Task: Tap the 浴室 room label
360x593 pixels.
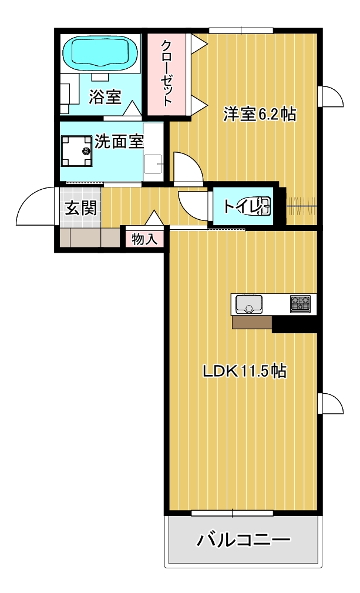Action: click(105, 96)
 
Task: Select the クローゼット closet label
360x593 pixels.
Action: click(167, 73)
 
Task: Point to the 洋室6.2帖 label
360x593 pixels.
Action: click(259, 113)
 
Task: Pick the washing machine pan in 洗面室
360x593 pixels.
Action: click(78, 151)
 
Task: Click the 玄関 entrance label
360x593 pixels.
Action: click(80, 207)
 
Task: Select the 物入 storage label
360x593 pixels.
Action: click(144, 239)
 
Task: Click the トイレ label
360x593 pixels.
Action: click(238, 206)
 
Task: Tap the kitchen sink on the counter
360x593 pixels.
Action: click(250, 304)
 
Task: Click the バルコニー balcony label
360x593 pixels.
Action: click(243, 539)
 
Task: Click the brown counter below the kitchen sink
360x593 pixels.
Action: click(252, 322)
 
